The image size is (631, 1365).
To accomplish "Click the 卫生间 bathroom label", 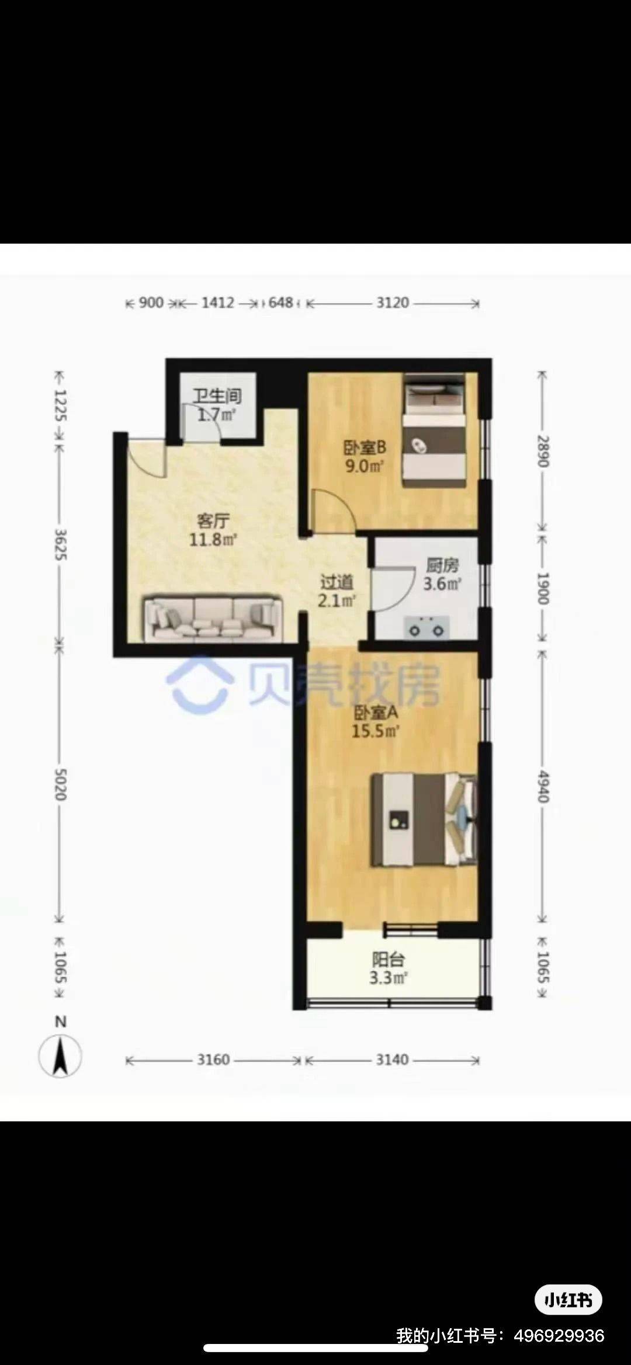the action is (x=217, y=396).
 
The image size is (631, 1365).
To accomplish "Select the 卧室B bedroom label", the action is (x=364, y=447).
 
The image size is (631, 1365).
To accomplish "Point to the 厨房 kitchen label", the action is (x=442, y=565).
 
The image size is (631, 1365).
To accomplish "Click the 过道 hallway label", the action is (x=337, y=582).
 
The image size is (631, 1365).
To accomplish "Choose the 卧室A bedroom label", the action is (x=376, y=713).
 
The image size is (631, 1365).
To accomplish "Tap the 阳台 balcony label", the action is (x=389, y=959).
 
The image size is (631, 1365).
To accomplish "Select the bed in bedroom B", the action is (x=434, y=430).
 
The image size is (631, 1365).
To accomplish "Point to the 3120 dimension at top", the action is (x=393, y=303).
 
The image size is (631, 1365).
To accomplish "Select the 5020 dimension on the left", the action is (x=60, y=784).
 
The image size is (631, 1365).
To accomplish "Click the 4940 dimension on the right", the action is (x=543, y=786).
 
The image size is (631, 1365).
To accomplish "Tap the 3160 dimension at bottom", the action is (x=213, y=1060).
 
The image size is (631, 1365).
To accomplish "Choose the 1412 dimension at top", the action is (x=217, y=303).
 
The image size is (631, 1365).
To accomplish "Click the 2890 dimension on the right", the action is (x=543, y=451).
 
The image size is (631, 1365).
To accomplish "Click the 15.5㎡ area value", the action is (x=376, y=731).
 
